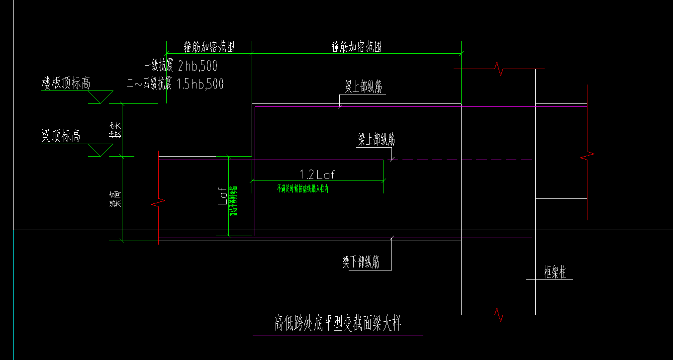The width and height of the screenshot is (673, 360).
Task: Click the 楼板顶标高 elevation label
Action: pyautogui.click(x=66, y=84)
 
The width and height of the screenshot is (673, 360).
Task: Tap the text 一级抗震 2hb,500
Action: pyautogui.click(x=181, y=66)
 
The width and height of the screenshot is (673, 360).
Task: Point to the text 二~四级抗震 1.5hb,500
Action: pyautogui.click(x=175, y=84)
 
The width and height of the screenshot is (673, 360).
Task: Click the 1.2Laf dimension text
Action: pyautogui.click(x=317, y=175)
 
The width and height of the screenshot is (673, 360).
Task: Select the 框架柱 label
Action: pyautogui.click(x=555, y=272)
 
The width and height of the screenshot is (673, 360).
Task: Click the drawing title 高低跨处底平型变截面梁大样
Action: pyautogui.click(x=338, y=324)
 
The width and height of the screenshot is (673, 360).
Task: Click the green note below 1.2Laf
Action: pyautogui.click(x=303, y=189)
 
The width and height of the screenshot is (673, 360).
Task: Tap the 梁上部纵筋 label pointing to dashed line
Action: pyautogui.click(x=377, y=140)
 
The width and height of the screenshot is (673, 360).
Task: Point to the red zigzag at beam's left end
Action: pyautogui.click(x=159, y=203)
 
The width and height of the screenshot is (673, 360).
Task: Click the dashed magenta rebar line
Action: pyautogui.click(x=463, y=160)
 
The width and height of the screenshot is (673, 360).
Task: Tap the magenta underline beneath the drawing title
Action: pyautogui.click(x=338, y=336)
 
